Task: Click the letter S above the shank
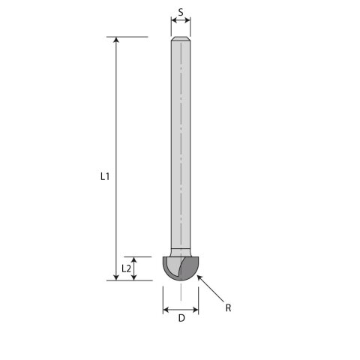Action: click(181, 12)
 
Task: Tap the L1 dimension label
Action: click(105, 176)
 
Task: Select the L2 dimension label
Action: click(126, 268)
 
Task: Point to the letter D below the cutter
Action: click(181, 318)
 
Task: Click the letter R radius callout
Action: click(228, 307)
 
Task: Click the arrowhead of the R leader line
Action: click(199, 277)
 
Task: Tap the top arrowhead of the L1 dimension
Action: click(116, 40)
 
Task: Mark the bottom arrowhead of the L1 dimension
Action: click(116, 277)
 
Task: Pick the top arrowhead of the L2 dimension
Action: click(134, 260)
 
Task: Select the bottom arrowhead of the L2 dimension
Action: click(134, 277)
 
